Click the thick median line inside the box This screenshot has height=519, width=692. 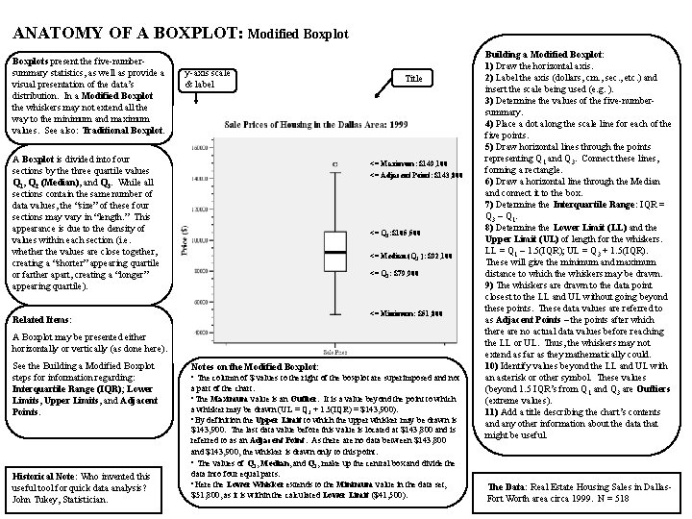(335, 252)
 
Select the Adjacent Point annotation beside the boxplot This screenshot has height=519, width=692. (411, 174)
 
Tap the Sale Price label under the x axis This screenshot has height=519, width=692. (335, 353)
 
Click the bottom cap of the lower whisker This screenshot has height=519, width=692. (335, 312)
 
